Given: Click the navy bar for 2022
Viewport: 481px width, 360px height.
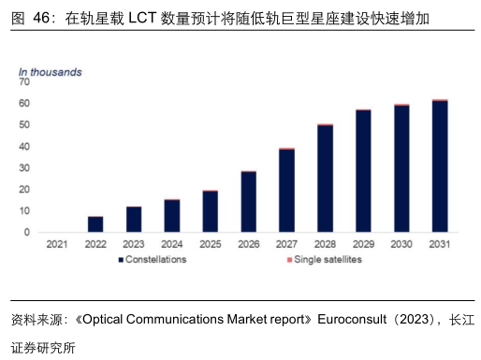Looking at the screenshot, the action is coord(95,224).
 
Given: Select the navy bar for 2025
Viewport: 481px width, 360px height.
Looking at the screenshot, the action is coord(211,211).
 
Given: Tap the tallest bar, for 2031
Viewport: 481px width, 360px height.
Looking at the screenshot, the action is coord(440,166).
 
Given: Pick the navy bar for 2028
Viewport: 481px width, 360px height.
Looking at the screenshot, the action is coord(325,179).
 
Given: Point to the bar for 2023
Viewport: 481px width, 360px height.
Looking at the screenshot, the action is coord(134,220).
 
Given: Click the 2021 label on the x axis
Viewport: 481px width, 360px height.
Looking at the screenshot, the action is coord(57,244).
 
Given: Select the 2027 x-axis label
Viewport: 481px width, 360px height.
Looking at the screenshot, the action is coord(286,244).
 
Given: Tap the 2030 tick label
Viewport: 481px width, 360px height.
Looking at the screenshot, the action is coord(401,244).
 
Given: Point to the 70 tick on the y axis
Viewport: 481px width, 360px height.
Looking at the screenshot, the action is coord(24,82).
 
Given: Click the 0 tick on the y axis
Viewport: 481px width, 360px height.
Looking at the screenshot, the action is coord(27,232).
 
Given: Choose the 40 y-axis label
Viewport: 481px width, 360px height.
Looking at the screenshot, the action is coord(24,147).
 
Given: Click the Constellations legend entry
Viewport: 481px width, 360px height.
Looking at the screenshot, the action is coord(153,259).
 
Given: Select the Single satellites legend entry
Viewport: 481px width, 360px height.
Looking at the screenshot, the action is coord(325,259).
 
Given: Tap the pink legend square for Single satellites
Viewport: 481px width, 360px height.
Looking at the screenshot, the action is coord(289,260).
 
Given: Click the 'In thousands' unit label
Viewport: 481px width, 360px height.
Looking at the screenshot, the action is coord(51,72).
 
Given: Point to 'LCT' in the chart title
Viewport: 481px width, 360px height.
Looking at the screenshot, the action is coord(142,18).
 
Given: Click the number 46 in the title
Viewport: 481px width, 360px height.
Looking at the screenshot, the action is coord(41,18).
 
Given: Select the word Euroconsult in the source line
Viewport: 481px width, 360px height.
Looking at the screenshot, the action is coord(352,319).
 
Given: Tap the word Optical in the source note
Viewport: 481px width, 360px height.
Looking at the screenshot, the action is coord(103,320).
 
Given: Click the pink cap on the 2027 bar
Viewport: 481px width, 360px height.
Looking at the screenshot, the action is coord(286,149).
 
